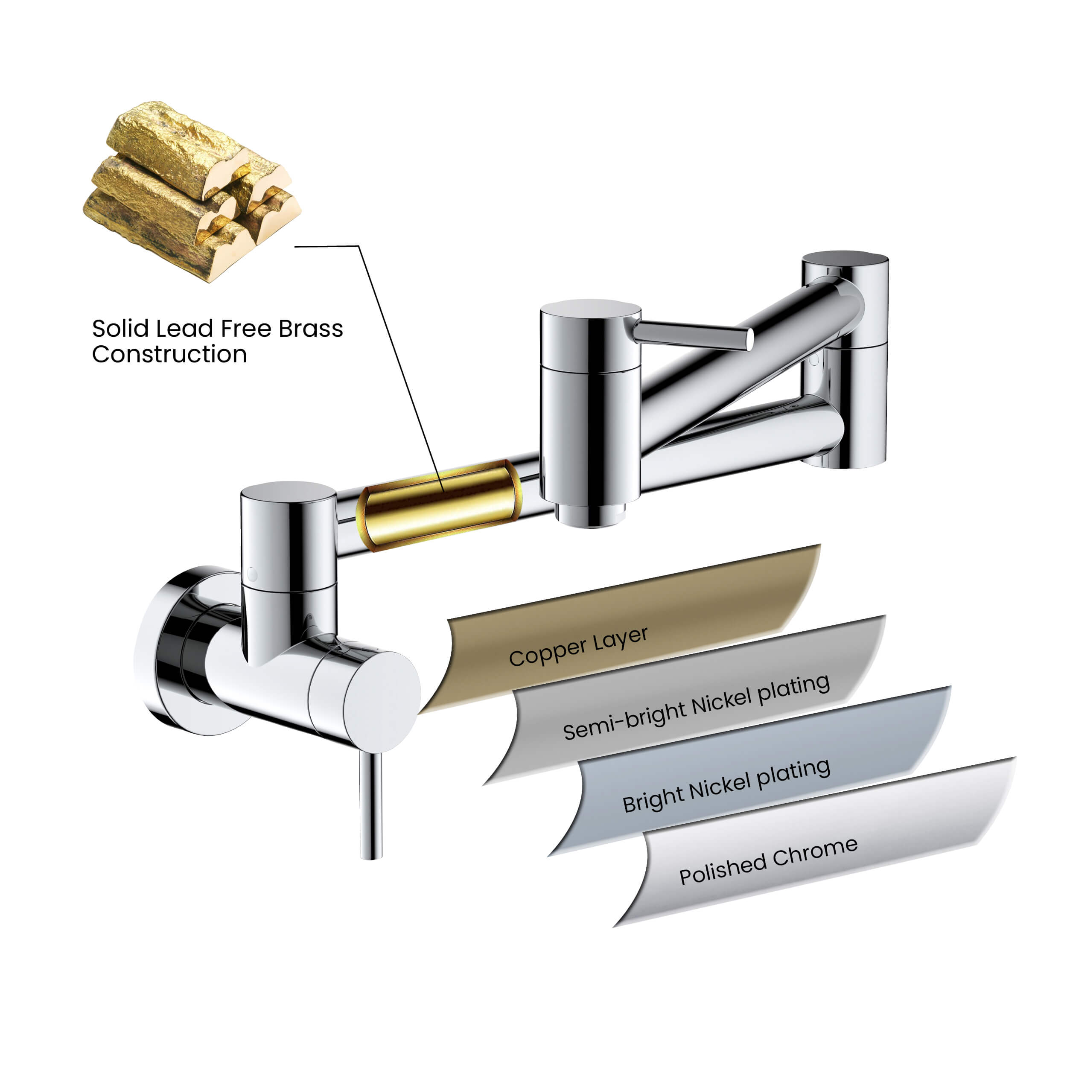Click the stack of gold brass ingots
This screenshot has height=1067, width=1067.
(x=192, y=190)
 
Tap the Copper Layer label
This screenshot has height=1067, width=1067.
(x=578, y=647)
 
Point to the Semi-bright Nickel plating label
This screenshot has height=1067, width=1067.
(x=696, y=708)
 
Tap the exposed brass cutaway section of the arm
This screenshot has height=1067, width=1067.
(x=439, y=505)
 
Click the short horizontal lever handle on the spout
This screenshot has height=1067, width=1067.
(x=693, y=335)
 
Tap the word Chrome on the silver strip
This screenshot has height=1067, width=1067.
(x=815, y=851)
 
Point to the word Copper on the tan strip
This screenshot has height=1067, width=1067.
(x=547, y=653)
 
